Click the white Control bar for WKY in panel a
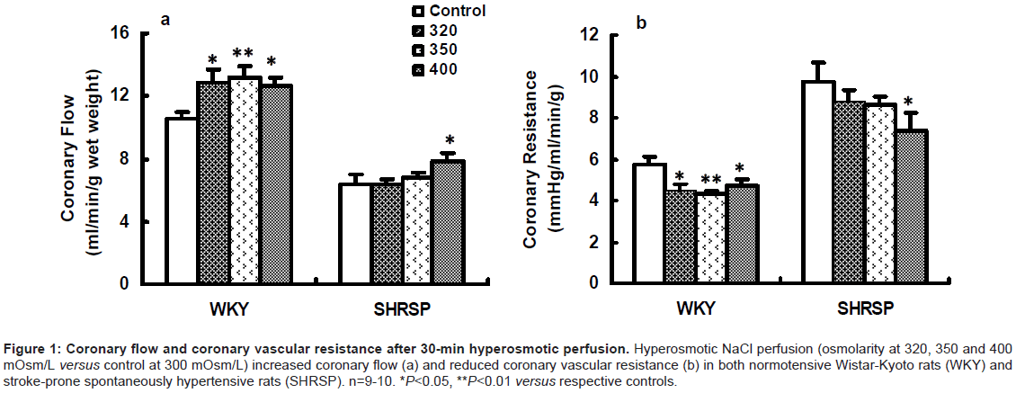[181, 201]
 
